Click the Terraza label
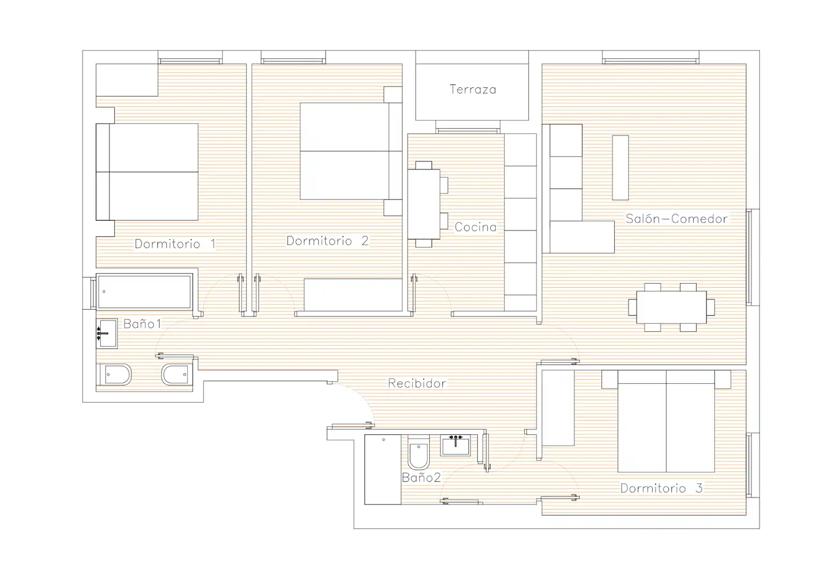click(x=473, y=90)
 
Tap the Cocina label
click(x=476, y=227)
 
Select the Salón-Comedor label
click(x=676, y=219)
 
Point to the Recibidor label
click(x=417, y=383)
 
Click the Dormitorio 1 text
click(x=175, y=243)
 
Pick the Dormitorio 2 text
click(x=327, y=241)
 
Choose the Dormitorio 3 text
click(x=661, y=488)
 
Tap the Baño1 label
click(x=142, y=323)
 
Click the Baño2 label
click(x=421, y=477)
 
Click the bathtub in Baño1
click(x=144, y=291)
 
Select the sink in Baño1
click(x=107, y=333)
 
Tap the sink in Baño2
click(x=455, y=445)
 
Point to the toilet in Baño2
click(x=419, y=452)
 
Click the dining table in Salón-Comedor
click(x=672, y=307)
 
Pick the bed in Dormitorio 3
click(x=666, y=421)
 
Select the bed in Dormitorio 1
click(x=147, y=172)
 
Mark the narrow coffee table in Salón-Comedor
click(x=621, y=167)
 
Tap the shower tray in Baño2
click(x=383, y=469)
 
